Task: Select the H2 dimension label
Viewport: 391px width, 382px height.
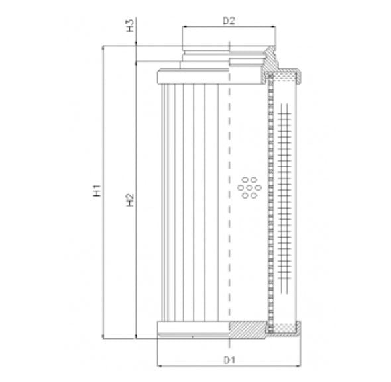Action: point(131,198)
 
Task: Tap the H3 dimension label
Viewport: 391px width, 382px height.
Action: point(131,26)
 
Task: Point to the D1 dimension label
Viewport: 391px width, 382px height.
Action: point(229,360)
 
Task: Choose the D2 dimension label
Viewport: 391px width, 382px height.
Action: point(229,21)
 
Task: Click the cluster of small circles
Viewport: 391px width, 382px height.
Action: point(248,187)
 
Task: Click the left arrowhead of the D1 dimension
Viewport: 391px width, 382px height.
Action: point(160,365)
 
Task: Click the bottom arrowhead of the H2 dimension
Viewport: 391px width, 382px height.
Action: point(135,335)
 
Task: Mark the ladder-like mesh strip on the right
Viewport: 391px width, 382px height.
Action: point(286,199)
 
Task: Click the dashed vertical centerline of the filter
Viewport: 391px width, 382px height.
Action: point(228,199)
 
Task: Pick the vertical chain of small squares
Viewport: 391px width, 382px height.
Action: point(269,199)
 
